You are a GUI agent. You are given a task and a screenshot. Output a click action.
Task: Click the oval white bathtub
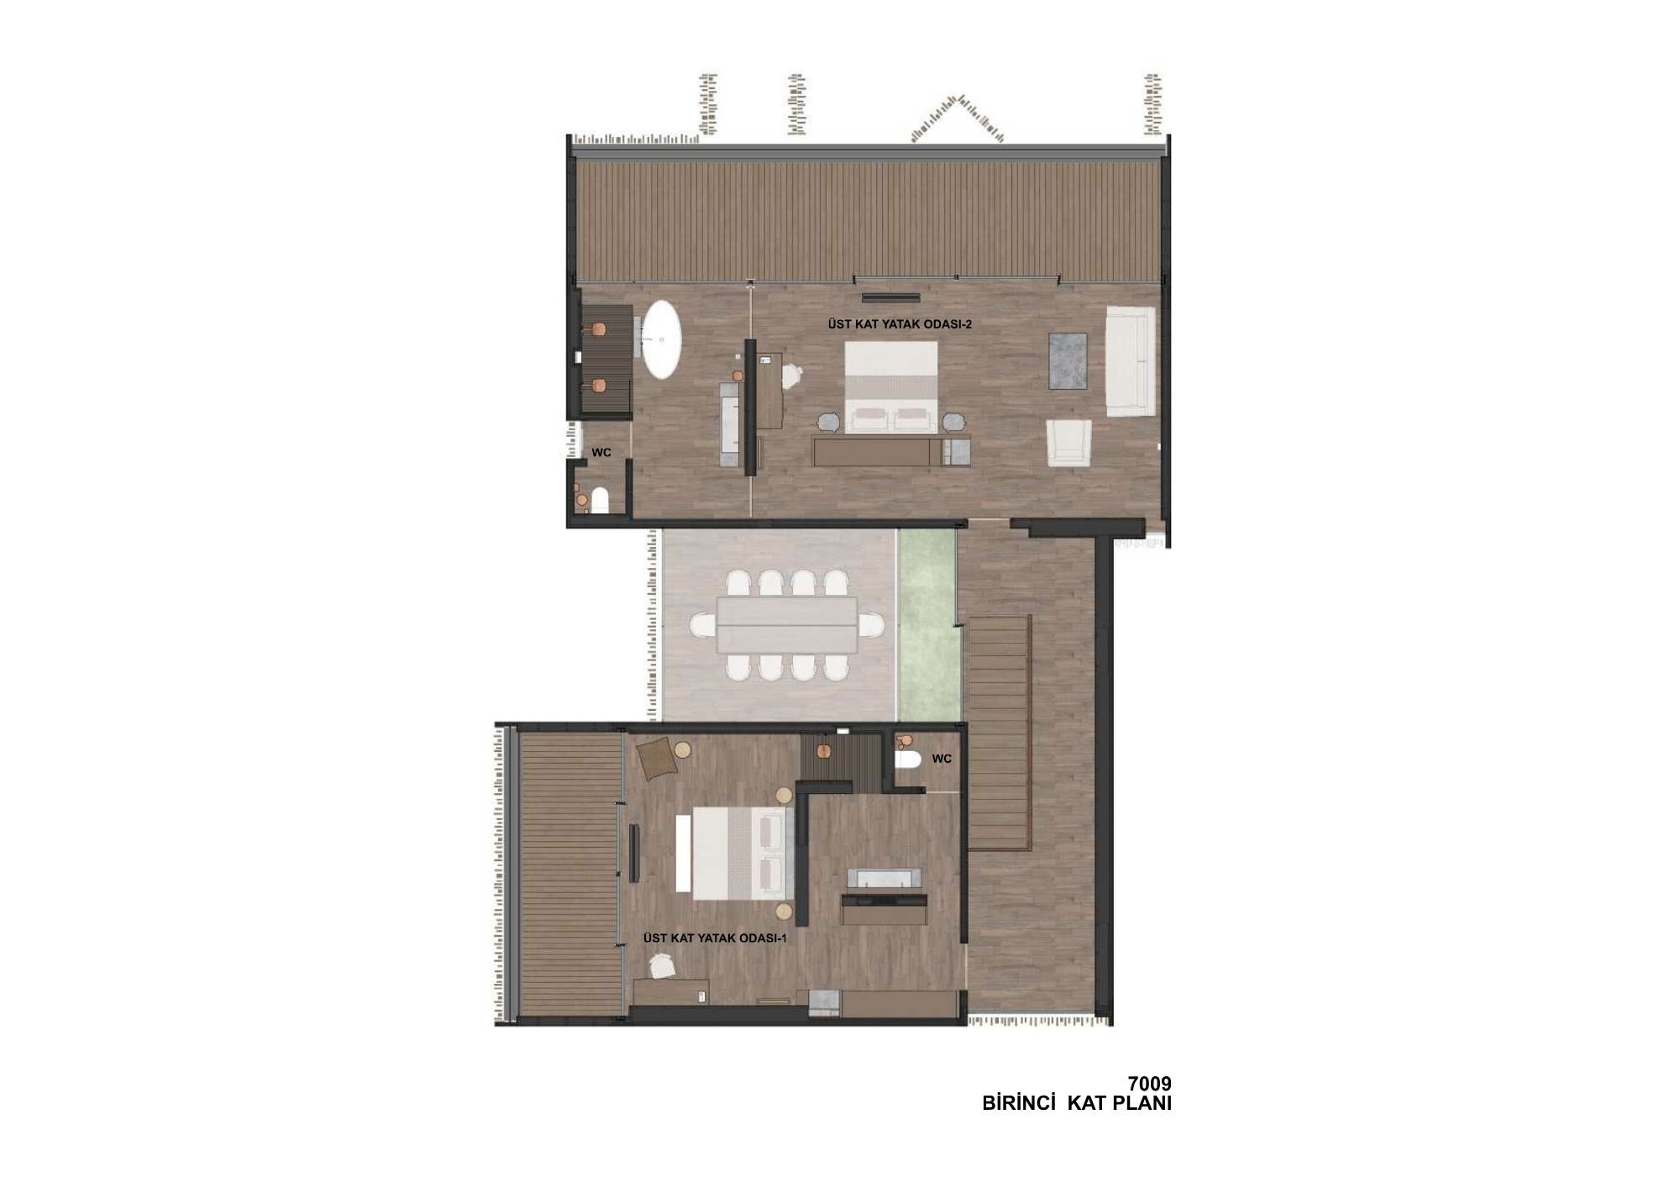(662, 339)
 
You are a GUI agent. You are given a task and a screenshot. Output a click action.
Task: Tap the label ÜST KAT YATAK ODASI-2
(899, 323)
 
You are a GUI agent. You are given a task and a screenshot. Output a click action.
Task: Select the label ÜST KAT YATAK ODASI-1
(715, 938)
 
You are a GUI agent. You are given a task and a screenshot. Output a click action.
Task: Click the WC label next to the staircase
(942, 759)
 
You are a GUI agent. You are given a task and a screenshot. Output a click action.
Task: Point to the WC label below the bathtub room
(601, 452)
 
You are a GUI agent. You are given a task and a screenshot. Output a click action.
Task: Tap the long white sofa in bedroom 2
(1131, 361)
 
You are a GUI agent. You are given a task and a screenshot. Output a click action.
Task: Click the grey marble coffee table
(1068, 360)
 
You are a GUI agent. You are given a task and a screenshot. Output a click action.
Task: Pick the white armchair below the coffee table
(1068, 443)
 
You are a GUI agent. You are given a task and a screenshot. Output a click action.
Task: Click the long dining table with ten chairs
(786, 625)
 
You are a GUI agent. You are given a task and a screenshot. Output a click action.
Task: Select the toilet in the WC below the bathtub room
(600, 501)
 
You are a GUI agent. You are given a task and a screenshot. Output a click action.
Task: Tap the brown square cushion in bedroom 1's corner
(657, 759)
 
